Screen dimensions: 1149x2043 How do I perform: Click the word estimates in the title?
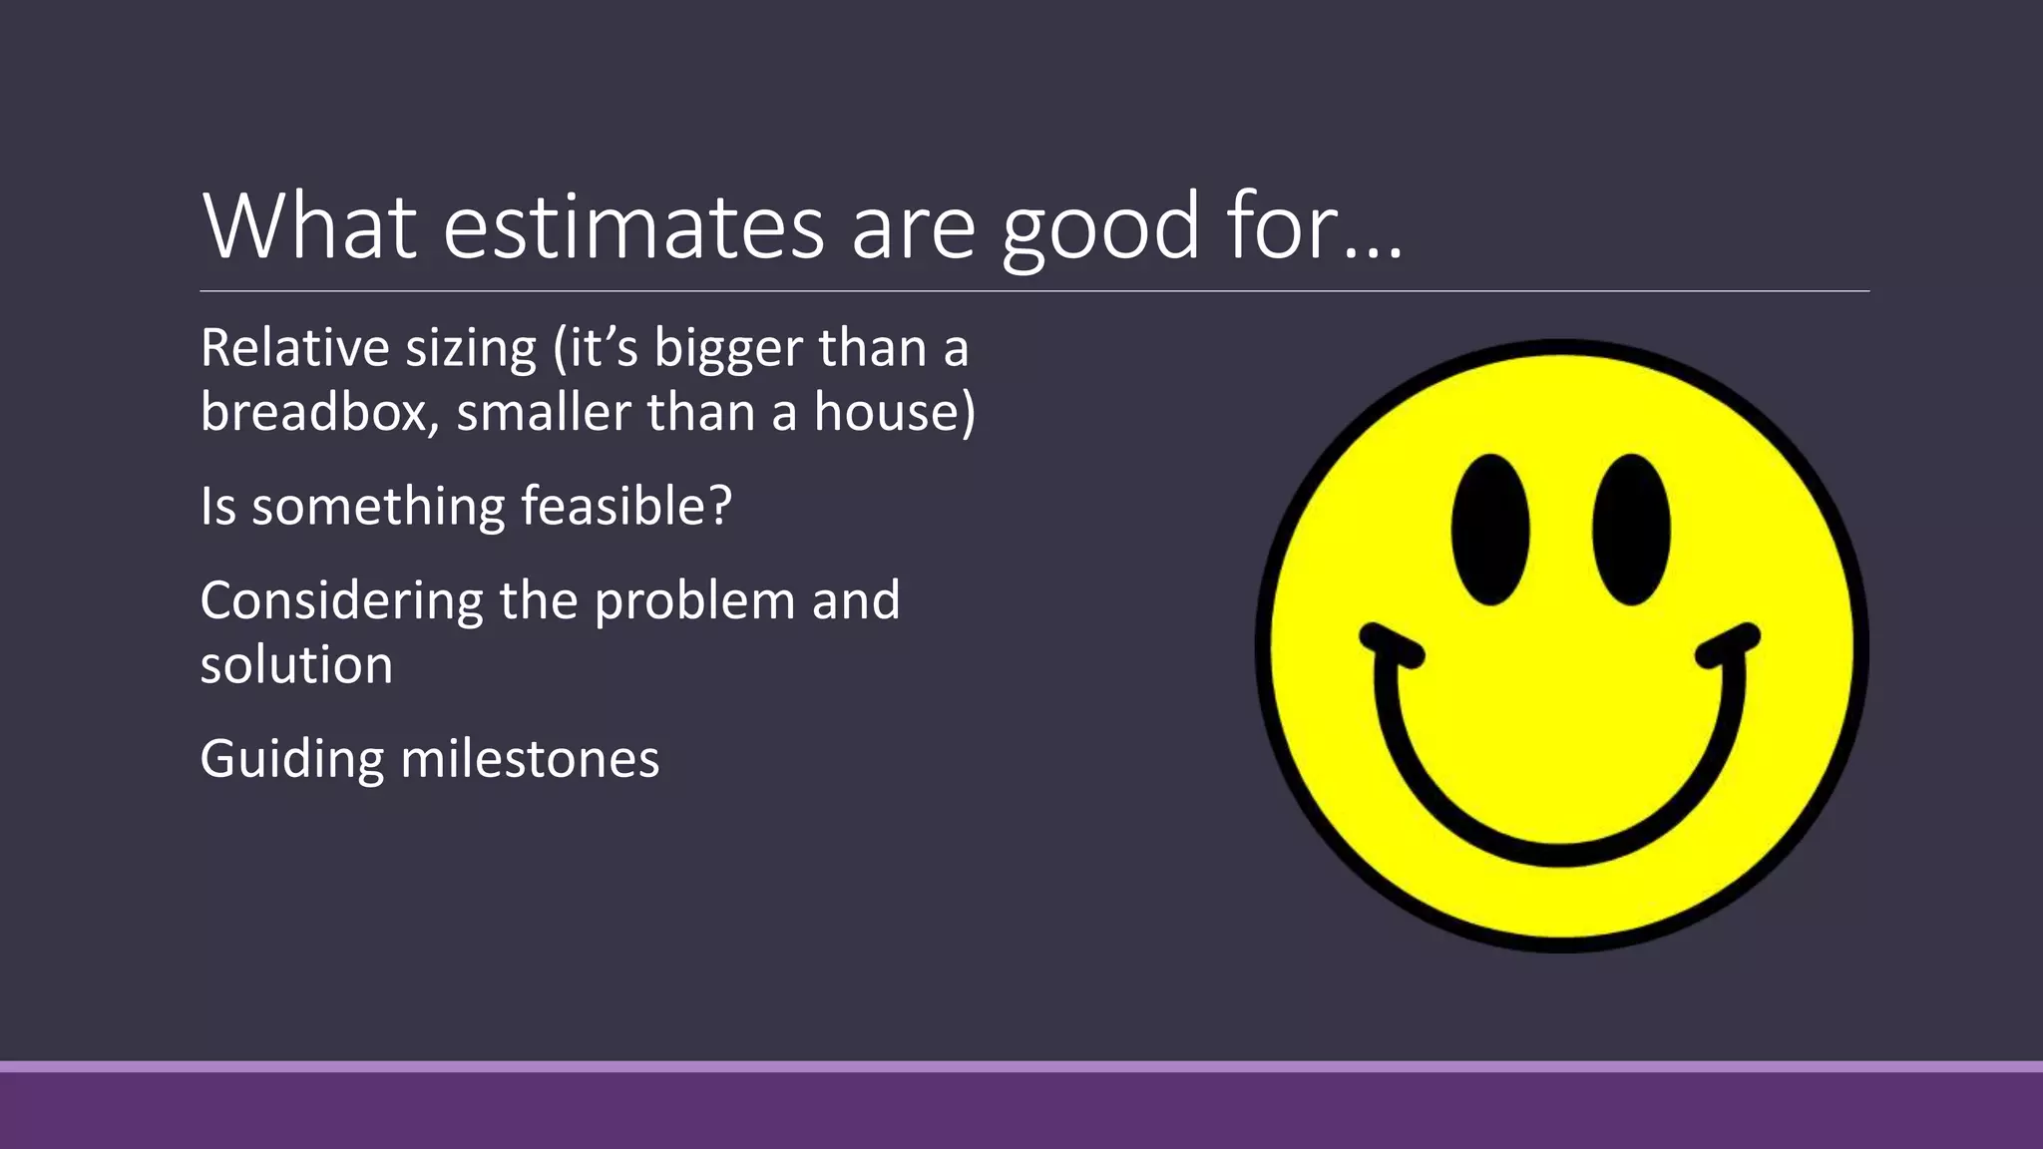point(633,227)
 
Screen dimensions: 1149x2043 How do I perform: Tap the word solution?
point(296,664)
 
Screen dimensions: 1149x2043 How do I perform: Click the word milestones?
point(530,758)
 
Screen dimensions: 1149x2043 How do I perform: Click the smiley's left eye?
point(1490,529)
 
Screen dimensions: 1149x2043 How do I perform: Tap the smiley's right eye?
point(1630,529)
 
